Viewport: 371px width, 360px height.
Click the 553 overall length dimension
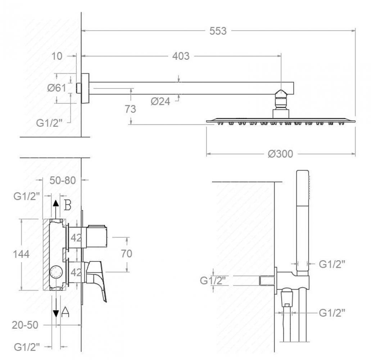pyautogui.click(x=218, y=31)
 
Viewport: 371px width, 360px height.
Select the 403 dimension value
pyautogui.click(x=181, y=56)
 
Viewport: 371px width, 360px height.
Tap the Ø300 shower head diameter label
pyautogui.click(x=280, y=154)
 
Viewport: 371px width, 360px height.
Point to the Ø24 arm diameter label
pyautogui.click(x=160, y=101)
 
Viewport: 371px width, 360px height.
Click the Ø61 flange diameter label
pyautogui.click(x=57, y=88)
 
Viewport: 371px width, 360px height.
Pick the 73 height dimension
pyautogui.click(x=130, y=109)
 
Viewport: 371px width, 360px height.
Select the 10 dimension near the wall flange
pyautogui.click(x=57, y=56)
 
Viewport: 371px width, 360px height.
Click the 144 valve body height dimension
pyautogui.click(x=21, y=254)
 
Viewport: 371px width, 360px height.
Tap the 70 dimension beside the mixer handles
pyautogui.click(x=127, y=254)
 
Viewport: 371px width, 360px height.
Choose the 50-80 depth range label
pyautogui.click(x=63, y=180)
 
